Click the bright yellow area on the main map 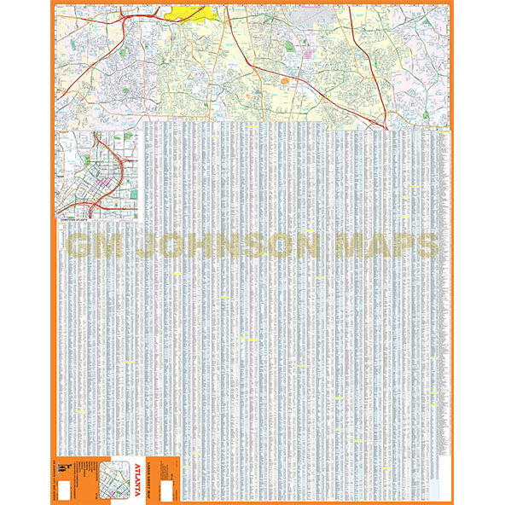(x=189, y=13)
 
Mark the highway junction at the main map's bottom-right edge (x=386, y=125)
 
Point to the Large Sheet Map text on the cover (x=157, y=474)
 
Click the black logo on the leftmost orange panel (x=62, y=465)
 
